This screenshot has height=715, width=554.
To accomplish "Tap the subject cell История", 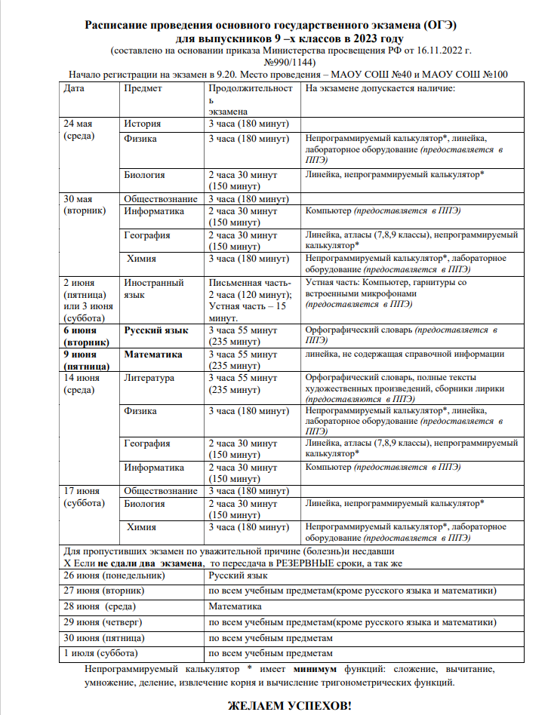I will click(143, 124).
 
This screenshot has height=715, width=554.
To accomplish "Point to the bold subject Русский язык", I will click(156, 330).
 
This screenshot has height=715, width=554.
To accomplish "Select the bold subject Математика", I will click(154, 354).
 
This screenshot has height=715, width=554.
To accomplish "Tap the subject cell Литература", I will click(149, 377).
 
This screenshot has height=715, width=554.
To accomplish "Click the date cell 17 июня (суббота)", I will click(85, 497).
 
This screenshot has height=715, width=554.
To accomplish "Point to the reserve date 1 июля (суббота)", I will click(102, 652).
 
